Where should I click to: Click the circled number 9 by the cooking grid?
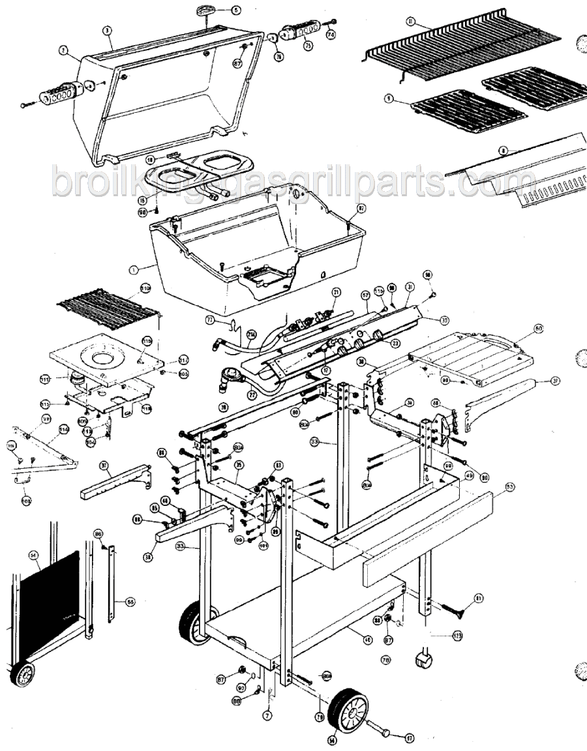click(388, 98)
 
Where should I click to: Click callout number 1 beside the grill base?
click(134, 267)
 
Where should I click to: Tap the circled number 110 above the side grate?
click(144, 287)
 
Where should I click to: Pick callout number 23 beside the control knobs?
click(395, 344)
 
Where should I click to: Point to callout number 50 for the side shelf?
click(538, 328)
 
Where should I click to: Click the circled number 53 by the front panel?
click(509, 486)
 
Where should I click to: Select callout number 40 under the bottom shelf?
click(368, 640)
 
